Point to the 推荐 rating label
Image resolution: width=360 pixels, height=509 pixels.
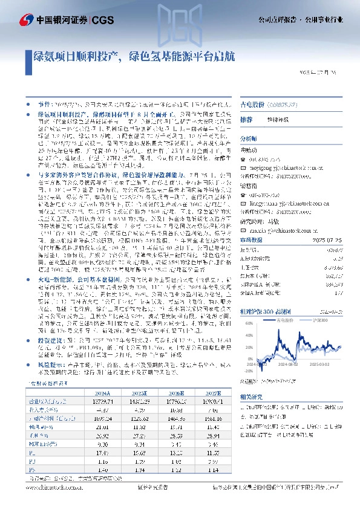[246, 120]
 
